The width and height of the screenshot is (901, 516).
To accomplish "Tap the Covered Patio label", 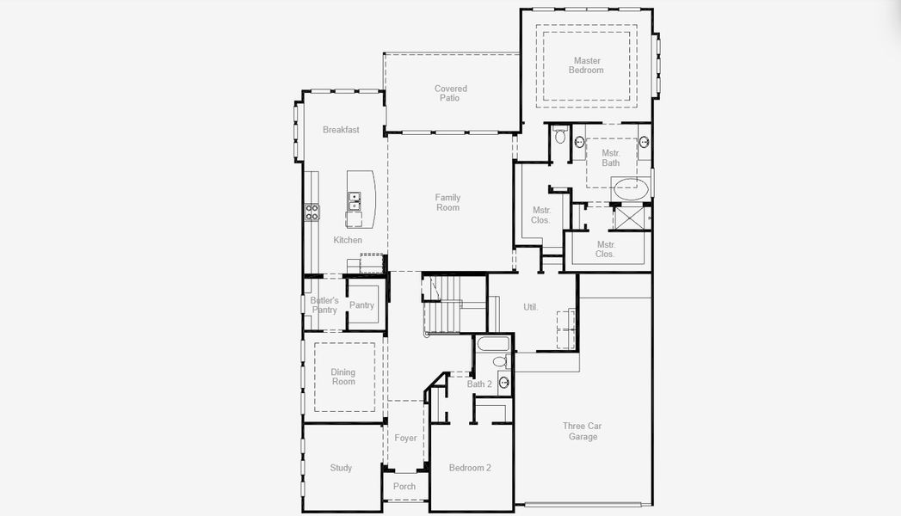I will click(450, 93).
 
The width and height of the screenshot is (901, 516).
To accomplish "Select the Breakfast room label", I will click(341, 130).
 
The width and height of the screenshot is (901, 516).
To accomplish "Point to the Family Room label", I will click(447, 202).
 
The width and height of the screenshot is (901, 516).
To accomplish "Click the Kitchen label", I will click(348, 240).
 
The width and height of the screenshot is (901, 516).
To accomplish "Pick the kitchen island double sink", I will click(355, 201).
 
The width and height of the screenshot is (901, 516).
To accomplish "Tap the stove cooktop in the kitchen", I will click(312, 212).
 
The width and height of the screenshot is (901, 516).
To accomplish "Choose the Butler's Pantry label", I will click(324, 305).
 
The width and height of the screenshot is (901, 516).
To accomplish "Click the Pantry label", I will click(361, 305).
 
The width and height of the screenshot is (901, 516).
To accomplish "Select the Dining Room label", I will click(343, 377).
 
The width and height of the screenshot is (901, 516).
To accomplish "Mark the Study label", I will click(341, 468).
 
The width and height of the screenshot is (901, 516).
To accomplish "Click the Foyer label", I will click(405, 438).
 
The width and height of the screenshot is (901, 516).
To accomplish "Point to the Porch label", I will click(404, 486).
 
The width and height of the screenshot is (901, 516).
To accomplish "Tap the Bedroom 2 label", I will click(470, 468).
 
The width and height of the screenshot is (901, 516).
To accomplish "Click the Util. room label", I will click(531, 307).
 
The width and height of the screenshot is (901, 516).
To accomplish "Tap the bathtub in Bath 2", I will click(493, 344).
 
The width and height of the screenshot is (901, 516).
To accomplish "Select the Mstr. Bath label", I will click(610, 157).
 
